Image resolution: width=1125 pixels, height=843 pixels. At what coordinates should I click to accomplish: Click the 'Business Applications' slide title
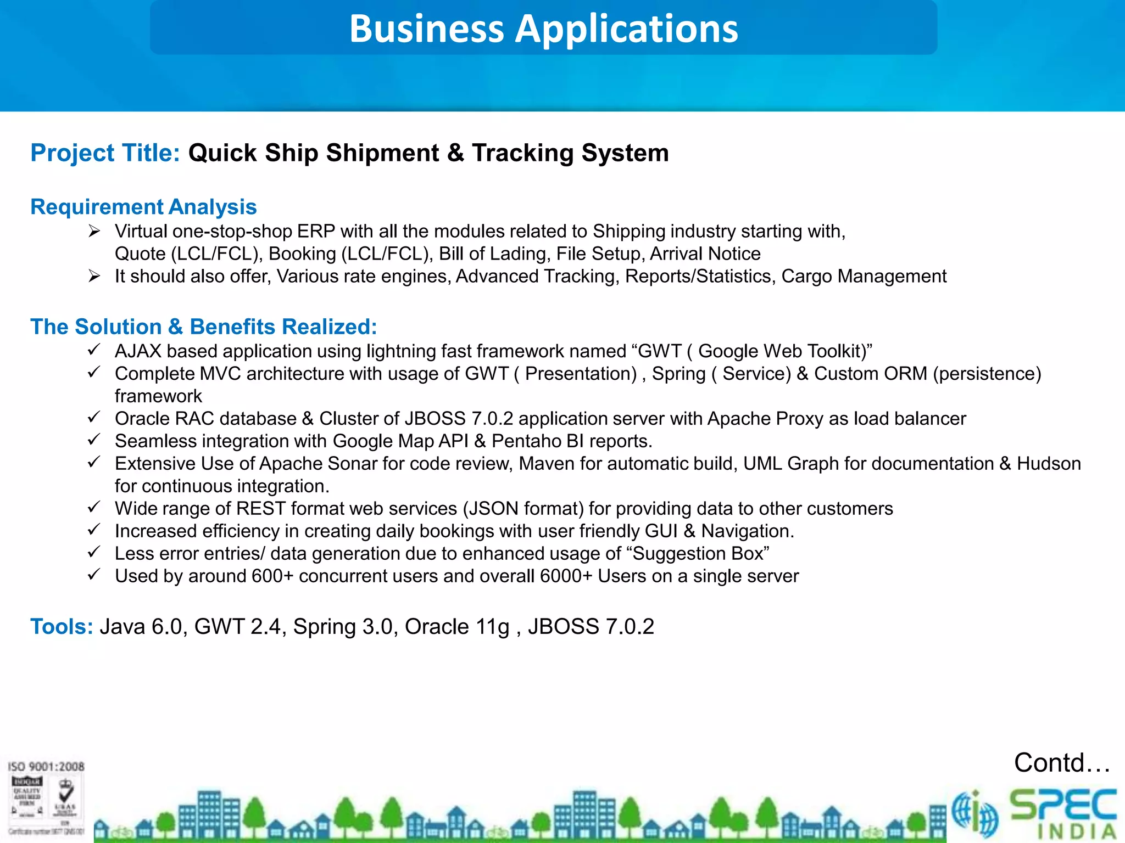click(x=544, y=29)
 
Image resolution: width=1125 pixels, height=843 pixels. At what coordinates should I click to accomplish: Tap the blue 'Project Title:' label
click(x=105, y=153)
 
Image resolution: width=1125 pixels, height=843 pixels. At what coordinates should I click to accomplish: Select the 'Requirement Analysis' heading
click(x=143, y=207)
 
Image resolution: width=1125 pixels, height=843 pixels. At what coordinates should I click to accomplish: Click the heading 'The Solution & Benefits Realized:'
click(x=204, y=327)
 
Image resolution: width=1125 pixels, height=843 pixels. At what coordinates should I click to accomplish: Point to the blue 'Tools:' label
click(x=62, y=627)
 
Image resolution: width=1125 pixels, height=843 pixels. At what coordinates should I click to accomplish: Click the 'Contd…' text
click(x=1061, y=763)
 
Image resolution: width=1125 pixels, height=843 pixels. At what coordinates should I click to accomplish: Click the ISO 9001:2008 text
click(x=46, y=767)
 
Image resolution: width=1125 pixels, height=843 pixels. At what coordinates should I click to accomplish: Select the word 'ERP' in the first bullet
click(x=316, y=232)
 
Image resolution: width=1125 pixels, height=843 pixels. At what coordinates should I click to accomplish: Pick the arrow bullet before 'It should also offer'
click(x=94, y=276)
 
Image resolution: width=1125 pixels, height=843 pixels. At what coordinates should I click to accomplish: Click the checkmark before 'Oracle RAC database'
click(x=94, y=418)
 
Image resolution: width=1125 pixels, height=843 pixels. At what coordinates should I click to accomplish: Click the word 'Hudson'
click(x=1049, y=464)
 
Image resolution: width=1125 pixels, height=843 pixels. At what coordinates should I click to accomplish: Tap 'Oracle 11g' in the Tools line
click(x=457, y=627)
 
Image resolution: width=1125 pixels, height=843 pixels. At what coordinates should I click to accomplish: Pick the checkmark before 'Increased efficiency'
click(x=94, y=530)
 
